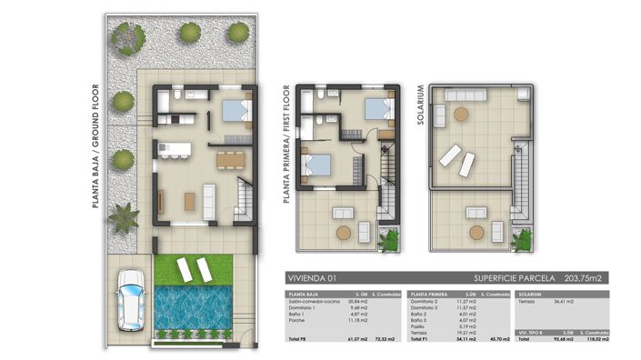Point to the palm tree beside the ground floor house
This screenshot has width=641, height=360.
123,218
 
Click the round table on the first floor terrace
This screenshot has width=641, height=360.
344,233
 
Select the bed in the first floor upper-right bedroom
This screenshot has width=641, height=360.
377,109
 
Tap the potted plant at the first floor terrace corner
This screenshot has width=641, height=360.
391,241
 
